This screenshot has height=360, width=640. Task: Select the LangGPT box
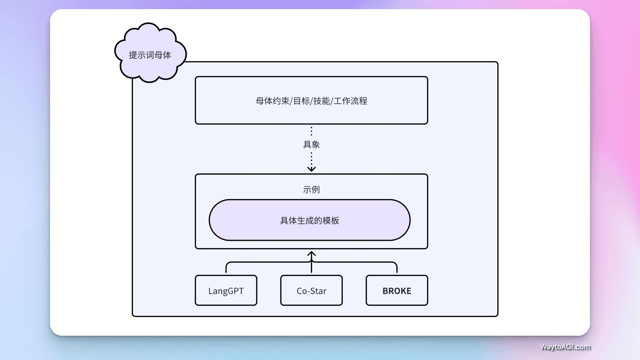tap(226, 290)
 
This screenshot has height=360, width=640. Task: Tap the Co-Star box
tap(312, 290)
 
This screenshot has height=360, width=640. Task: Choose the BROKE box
tap(397, 290)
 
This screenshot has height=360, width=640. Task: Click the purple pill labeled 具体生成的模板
tap(309, 220)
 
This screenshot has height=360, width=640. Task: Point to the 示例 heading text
tap(312, 190)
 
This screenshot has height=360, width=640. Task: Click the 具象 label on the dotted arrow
tap(312, 145)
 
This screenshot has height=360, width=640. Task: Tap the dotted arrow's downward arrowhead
tap(312, 169)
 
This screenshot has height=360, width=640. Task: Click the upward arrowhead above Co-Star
tap(312, 253)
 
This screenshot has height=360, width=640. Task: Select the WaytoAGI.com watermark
tap(565, 347)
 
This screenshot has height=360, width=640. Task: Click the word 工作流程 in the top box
tap(350, 101)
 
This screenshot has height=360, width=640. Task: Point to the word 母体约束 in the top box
tap(272, 101)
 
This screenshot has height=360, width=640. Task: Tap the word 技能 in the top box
tap(322, 101)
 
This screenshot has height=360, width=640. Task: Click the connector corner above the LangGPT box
tap(227, 263)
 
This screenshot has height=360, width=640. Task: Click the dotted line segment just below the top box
tap(312, 131)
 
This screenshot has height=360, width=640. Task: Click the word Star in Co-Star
tap(318, 291)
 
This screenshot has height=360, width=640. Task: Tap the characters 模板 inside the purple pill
tap(331, 221)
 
